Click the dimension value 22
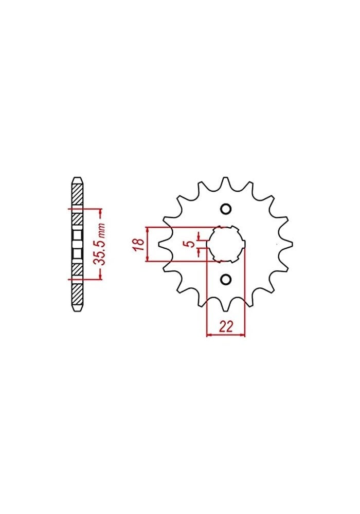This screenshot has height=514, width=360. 225,327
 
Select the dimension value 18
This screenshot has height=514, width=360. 138,244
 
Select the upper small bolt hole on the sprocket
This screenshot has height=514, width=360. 225,209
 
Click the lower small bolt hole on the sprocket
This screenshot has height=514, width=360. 225,279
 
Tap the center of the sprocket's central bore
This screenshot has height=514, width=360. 225,244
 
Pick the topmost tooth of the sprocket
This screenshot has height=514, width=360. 225,183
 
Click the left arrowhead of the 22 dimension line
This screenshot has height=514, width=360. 209,336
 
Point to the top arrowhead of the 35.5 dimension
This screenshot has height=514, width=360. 100,211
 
